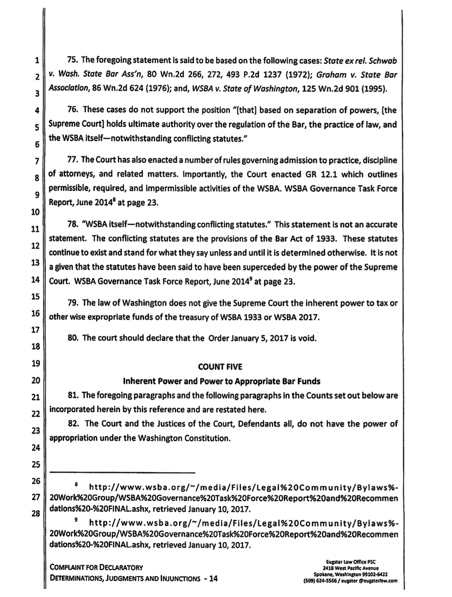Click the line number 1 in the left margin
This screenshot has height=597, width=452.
tap(36, 61)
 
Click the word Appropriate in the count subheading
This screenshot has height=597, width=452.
tap(247, 381)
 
